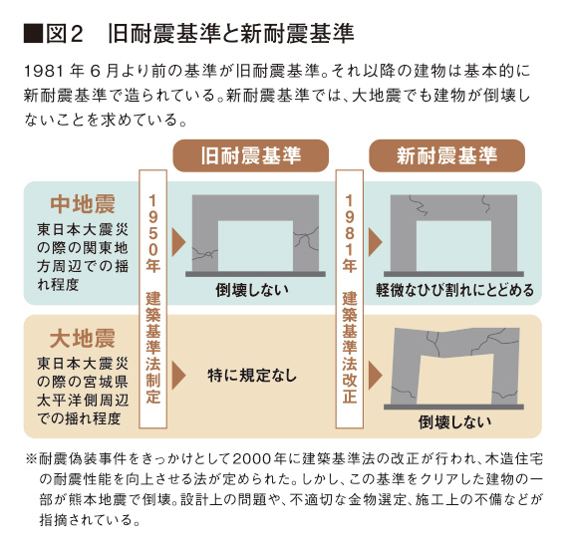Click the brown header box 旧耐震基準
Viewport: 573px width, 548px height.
[251, 155]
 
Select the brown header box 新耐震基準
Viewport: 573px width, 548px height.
[446, 155]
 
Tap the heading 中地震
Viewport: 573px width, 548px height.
[83, 204]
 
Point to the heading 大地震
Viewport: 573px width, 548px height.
[83, 339]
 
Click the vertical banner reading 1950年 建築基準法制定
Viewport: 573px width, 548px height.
[153, 299]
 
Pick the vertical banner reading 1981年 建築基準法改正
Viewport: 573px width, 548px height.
[350, 299]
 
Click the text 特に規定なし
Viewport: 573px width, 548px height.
[252, 376]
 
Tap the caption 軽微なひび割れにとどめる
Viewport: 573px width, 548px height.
[455, 290]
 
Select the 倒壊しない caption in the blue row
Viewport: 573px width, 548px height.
[252, 290]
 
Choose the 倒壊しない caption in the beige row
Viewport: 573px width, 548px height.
[455, 422]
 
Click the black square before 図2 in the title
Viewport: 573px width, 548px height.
[33, 34]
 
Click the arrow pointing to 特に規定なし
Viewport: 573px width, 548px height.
[178, 376]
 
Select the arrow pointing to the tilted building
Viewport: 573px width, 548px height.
[376, 376]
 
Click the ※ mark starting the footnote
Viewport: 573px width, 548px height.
[31, 459]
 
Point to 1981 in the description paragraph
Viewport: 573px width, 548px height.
[44, 72]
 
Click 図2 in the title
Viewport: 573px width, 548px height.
[65, 34]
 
